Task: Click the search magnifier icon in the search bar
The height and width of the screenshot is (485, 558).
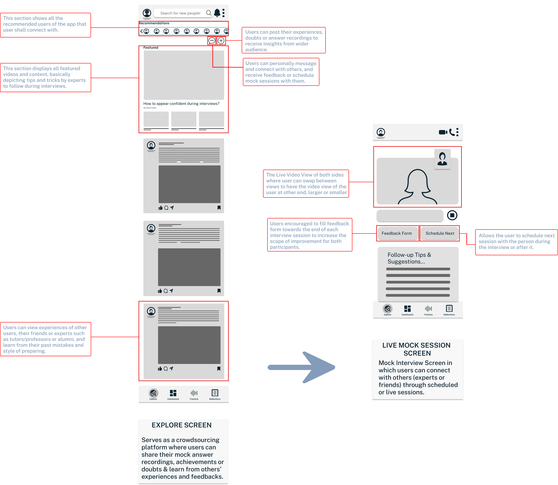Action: point(209,13)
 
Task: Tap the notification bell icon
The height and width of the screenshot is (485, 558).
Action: point(217,13)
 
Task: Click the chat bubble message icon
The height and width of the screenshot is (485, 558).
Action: point(212,41)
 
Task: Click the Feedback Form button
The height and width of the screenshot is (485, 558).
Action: point(397,233)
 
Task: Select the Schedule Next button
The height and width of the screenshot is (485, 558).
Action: point(440,233)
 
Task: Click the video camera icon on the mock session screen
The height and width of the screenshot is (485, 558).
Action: point(443,132)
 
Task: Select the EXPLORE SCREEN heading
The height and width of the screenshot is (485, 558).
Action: point(182,425)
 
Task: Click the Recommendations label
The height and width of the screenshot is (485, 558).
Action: point(154,23)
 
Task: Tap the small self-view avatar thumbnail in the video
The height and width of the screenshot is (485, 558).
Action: point(442,159)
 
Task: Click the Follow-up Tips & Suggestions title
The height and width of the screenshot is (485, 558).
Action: point(409,258)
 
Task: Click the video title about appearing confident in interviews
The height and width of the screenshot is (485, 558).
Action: point(181,104)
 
